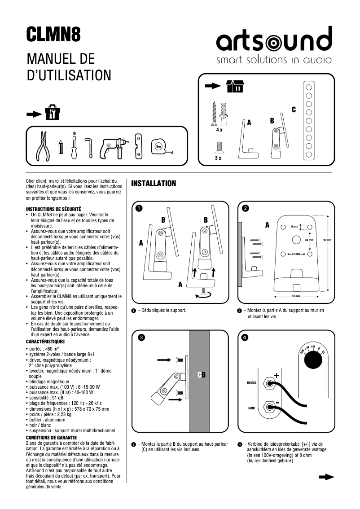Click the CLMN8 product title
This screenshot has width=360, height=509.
pyautogui.click(x=53, y=35)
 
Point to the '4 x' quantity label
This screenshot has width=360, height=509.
pyautogui.click(x=219, y=129)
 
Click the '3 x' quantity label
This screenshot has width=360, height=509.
pyautogui.click(x=218, y=158)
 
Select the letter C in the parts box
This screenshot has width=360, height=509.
pyautogui.click(x=294, y=110)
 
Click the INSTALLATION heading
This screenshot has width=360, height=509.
pyautogui.click(x=153, y=184)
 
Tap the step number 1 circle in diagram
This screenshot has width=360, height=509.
pyautogui.click(x=139, y=208)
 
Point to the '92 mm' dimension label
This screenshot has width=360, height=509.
pyautogui.click(x=327, y=240)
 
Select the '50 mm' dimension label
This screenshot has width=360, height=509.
pyautogui.click(x=295, y=296)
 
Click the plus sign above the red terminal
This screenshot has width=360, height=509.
pyautogui.click(x=276, y=375)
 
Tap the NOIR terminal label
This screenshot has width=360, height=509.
pyautogui.click(x=251, y=408)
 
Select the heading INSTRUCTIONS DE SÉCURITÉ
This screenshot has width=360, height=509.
pyautogui.click(x=53, y=209)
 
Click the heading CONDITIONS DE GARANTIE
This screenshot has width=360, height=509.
pyautogui.click(x=52, y=437)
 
